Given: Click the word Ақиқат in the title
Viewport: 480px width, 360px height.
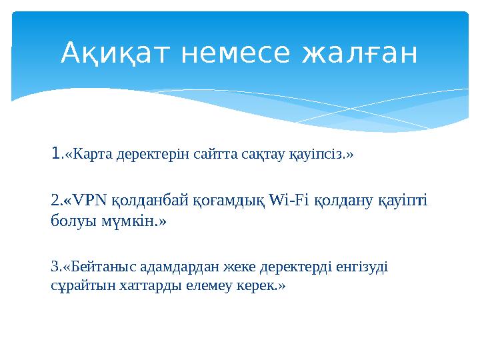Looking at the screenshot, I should pyautogui.click(x=112, y=54).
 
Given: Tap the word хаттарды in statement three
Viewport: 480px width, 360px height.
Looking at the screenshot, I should pyautogui.click(x=137, y=286).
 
